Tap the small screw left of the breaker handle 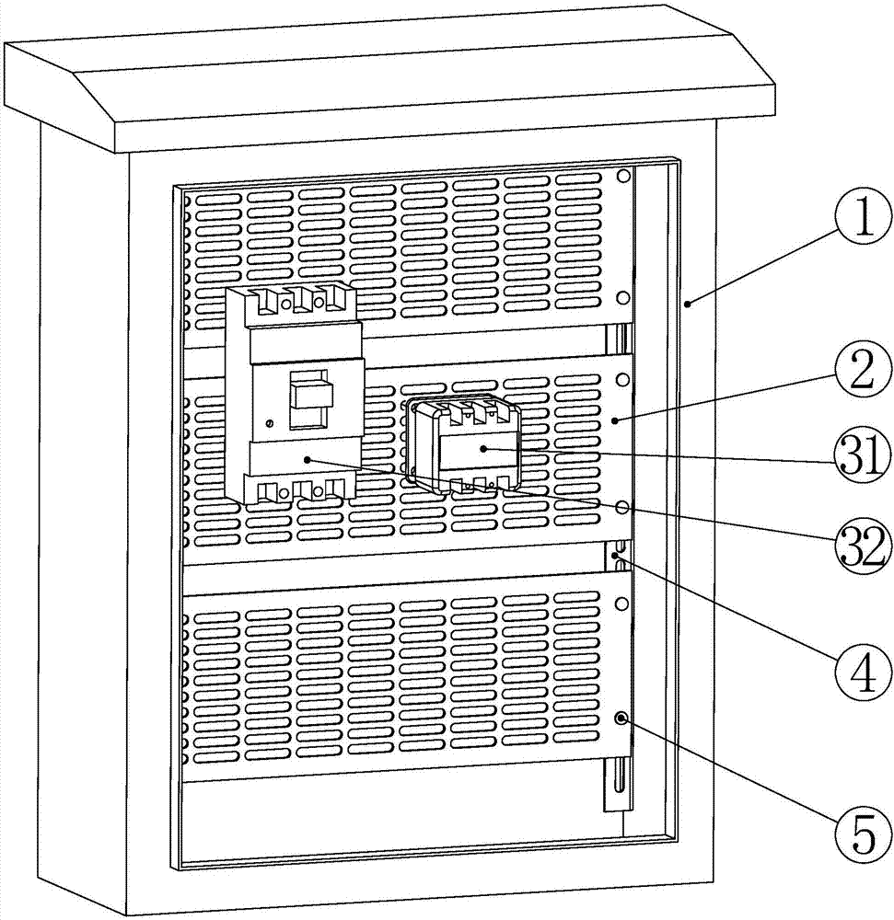coord(270,422)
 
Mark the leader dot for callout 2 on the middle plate coord(615,420)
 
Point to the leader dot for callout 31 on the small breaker coord(482,449)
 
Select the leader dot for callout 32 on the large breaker coord(307,461)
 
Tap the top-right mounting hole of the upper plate coord(623,176)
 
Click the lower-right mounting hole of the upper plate coord(622,297)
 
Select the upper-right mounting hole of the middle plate coord(622,380)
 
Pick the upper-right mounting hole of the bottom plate coord(621,604)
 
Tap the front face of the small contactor coord(480,452)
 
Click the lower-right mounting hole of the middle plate coord(622,507)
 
